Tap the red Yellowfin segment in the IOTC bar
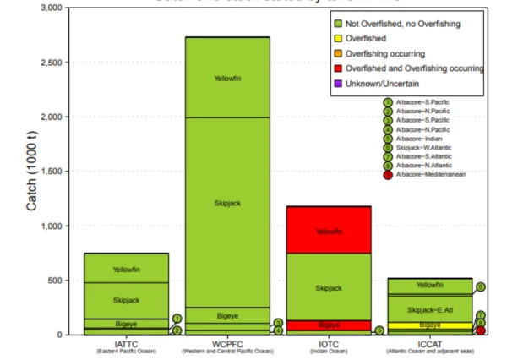click(x=329, y=231)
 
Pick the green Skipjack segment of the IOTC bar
click(x=329, y=288)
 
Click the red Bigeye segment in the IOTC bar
click(x=329, y=325)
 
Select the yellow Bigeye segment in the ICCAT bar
click(x=430, y=325)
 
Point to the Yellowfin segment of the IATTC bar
click(x=126, y=269)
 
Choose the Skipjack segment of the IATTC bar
click(x=126, y=300)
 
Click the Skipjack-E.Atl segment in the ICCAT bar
click(x=430, y=309)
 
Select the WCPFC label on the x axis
click(x=227, y=344)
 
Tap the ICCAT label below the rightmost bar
click(x=430, y=344)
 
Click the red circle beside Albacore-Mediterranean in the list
click(x=388, y=175)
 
